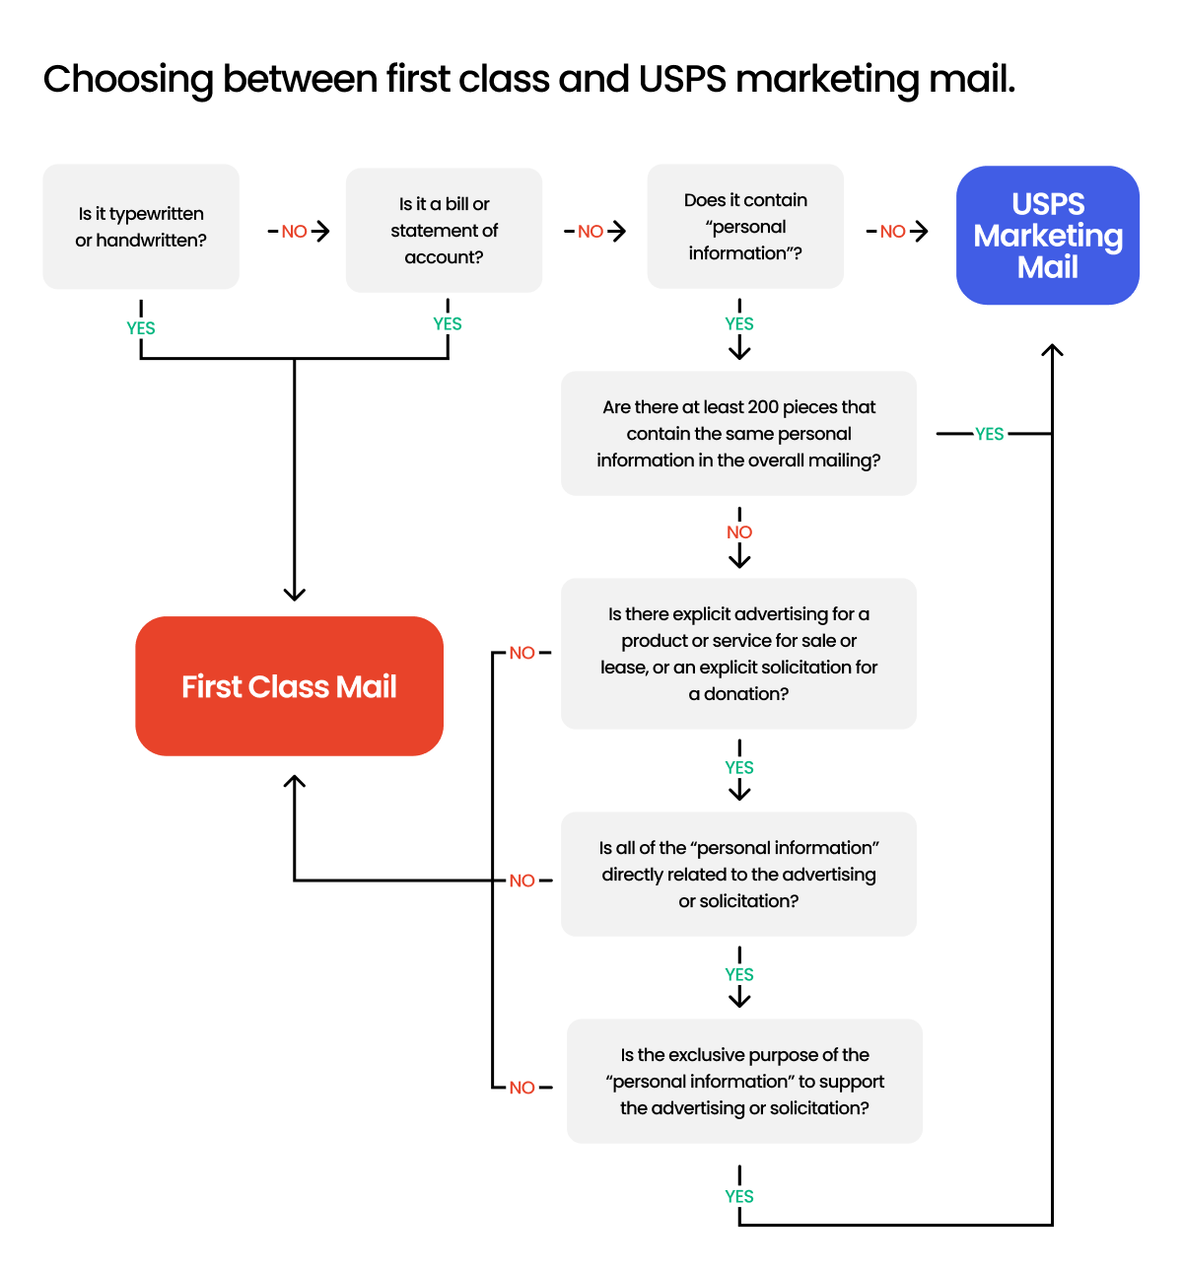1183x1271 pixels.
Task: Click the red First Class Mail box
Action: [x=289, y=686]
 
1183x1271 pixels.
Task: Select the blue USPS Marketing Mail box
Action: [x=1048, y=236]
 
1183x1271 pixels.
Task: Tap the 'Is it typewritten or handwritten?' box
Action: [x=141, y=227]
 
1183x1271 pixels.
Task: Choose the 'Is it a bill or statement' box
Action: [x=444, y=231]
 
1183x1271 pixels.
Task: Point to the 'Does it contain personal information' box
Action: [x=745, y=227]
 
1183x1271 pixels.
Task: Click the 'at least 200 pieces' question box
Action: [x=738, y=434]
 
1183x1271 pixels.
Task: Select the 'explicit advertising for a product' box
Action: [x=738, y=654]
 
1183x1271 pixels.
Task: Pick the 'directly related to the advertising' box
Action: [x=738, y=875]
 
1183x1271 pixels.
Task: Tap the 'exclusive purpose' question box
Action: [x=744, y=1082]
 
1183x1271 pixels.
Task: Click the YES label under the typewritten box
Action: [x=141, y=328]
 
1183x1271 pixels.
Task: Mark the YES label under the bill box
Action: [x=448, y=324]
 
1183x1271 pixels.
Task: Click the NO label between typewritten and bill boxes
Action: [x=294, y=232]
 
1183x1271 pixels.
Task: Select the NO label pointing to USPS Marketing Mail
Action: [x=892, y=232]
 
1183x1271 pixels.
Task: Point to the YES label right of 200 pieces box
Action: [x=989, y=434]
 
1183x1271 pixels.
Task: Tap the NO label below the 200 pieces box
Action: [x=739, y=532]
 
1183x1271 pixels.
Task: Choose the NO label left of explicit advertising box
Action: [x=522, y=653]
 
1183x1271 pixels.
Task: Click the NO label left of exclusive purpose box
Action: [x=522, y=1088]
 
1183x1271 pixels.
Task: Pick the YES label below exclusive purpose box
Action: [x=739, y=1196]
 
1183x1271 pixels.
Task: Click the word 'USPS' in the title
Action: [x=682, y=80]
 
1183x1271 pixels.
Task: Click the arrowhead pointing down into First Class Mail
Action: [x=294, y=594]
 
